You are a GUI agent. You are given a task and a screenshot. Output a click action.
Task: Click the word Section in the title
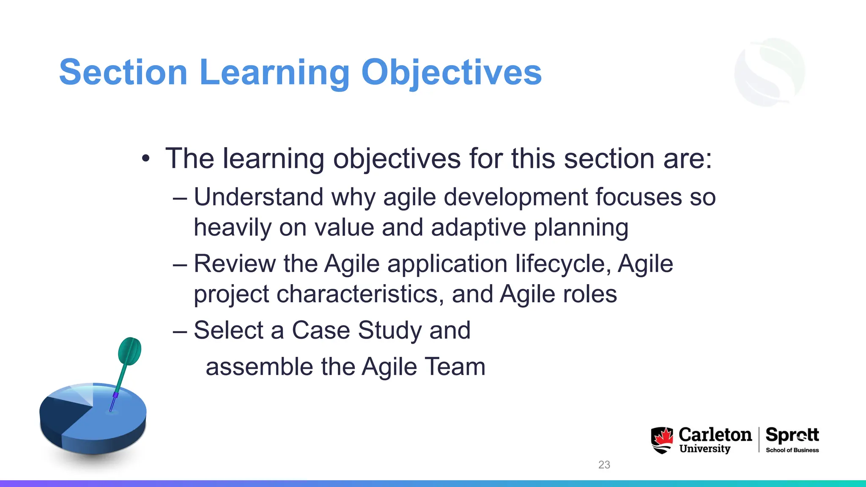123,72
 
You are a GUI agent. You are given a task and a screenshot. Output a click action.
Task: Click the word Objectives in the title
451,72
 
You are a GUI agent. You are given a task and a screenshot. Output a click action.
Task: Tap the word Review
235,264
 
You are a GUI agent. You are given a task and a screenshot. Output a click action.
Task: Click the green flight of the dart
129,351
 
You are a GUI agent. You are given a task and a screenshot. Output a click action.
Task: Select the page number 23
604,465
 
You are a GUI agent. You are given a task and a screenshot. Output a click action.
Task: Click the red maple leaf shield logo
662,440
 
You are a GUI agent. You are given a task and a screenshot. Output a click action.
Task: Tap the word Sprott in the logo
792,435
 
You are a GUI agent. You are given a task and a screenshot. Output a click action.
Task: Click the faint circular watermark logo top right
770,72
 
